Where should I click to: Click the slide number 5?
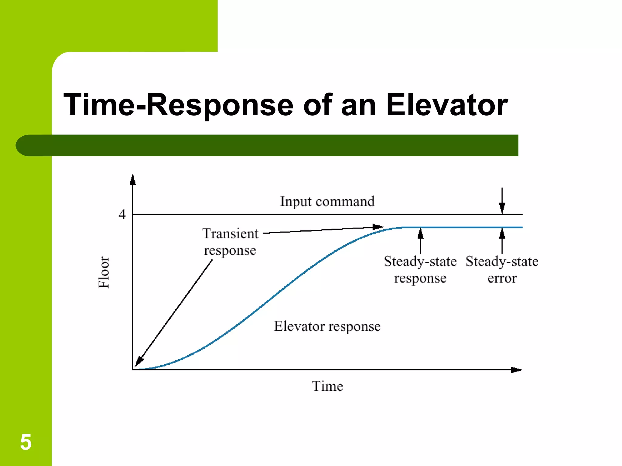(x=26, y=442)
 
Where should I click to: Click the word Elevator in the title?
(x=447, y=105)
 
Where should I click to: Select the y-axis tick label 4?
(x=122, y=214)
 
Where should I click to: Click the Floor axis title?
(x=104, y=272)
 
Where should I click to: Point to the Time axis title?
(x=327, y=386)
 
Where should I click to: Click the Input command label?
(x=327, y=201)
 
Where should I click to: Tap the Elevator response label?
(x=327, y=326)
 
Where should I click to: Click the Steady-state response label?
(x=420, y=270)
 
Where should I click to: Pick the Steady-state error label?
(x=502, y=270)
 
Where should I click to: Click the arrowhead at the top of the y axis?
(x=132, y=179)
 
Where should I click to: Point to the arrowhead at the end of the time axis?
(x=516, y=370)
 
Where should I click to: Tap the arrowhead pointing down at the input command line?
(x=502, y=209)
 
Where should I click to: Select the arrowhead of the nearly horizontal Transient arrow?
(x=378, y=227)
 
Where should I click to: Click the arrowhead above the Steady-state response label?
(x=420, y=233)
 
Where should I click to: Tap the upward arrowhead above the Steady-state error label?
(x=502, y=233)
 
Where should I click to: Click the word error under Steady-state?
(x=502, y=279)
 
